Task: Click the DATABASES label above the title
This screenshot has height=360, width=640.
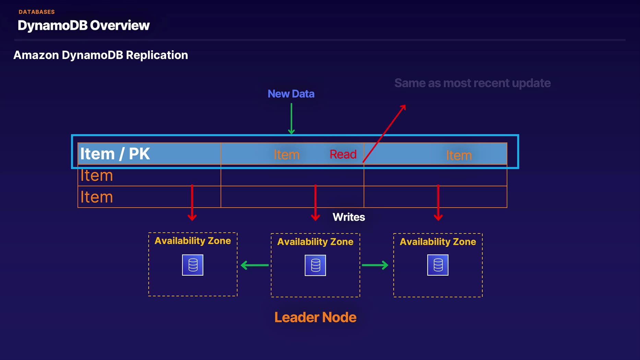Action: (x=37, y=12)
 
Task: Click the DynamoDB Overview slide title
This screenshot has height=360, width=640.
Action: (x=84, y=25)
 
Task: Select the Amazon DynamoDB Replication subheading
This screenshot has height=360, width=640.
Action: (x=100, y=55)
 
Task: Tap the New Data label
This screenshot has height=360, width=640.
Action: (x=291, y=94)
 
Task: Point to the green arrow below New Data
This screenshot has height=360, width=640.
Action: (x=291, y=119)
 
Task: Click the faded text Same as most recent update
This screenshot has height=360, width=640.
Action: (x=472, y=83)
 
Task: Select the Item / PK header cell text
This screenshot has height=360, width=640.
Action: (x=115, y=154)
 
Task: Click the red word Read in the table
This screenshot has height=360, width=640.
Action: (x=343, y=154)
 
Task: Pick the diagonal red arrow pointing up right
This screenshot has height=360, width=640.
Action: (x=384, y=133)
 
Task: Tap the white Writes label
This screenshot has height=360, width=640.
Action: (x=348, y=217)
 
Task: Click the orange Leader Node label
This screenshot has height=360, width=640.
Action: (x=315, y=317)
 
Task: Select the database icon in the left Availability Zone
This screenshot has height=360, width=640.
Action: (x=193, y=265)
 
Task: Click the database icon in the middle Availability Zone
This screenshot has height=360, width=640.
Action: (x=315, y=265)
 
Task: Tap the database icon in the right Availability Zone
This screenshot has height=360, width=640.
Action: (x=438, y=265)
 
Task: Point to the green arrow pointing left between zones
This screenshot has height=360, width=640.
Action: (x=255, y=265)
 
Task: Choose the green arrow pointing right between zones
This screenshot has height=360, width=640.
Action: (x=375, y=265)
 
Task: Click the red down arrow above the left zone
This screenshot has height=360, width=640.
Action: (x=192, y=203)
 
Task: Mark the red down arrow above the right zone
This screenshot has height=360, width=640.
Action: (x=438, y=203)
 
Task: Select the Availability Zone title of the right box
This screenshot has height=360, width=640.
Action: (x=438, y=242)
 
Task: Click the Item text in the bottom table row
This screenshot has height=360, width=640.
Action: (x=96, y=197)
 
